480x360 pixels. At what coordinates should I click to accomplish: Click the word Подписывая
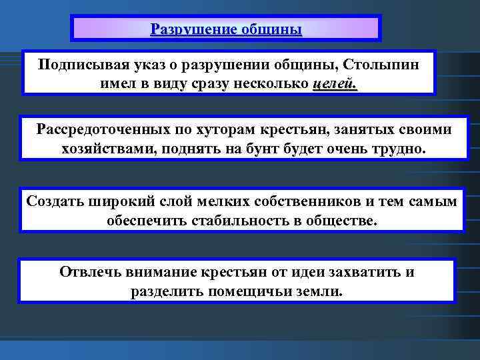pyautogui.click(x=78, y=65)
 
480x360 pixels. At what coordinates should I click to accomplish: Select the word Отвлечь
pyautogui.click(x=87, y=272)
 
